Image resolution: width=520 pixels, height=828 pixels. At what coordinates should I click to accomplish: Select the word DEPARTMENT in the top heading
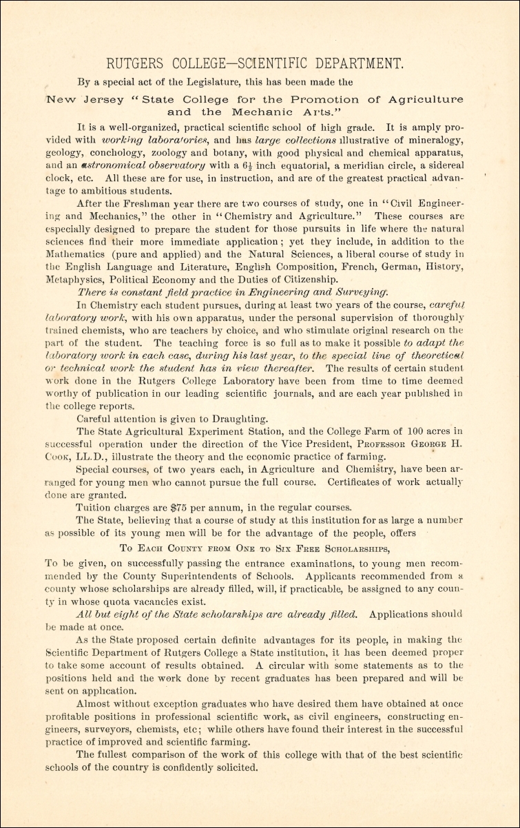355,63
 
